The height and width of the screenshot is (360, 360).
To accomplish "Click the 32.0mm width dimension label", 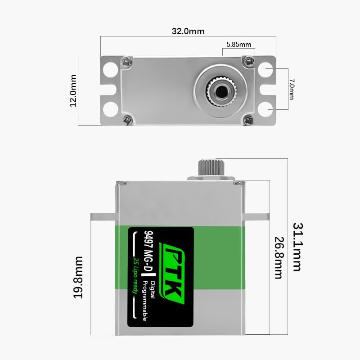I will (188, 31).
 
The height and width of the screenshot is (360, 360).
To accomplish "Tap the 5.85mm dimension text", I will (238, 45).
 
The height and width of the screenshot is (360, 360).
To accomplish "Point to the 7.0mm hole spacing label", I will (291, 89).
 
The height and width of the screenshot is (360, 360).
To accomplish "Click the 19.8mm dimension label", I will (79, 278).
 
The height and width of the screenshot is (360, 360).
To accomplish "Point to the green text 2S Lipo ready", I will (135, 275).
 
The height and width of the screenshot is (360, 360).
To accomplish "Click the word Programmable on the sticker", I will (144, 300).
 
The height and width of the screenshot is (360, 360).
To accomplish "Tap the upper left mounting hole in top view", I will (109, 70).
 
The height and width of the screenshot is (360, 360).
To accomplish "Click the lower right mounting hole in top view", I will (266, 108).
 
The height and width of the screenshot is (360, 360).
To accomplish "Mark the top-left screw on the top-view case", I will (126, 60).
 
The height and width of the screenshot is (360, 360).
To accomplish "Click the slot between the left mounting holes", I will (110, 90).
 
